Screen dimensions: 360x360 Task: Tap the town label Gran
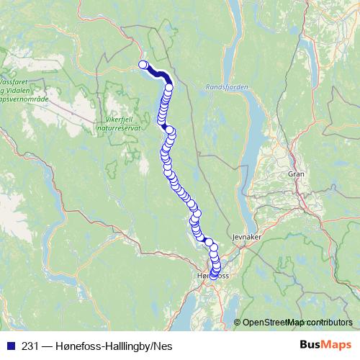coord(295,174)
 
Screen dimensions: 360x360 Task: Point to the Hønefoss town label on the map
coord(212,276)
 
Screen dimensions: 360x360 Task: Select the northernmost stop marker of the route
coord(143,65)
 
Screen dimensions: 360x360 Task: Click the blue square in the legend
coord(8,346)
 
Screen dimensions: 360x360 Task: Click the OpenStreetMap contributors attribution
coord(297,322)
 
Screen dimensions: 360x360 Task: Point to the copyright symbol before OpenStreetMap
coord(238,322)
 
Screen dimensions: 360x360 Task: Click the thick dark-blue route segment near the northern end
coord(160,74)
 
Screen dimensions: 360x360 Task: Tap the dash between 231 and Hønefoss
coord(46,346)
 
